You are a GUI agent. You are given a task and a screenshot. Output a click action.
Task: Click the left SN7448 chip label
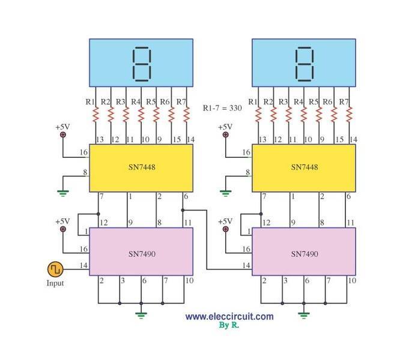click(142, 167)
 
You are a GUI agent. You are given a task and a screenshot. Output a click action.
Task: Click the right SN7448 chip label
click(304, 167)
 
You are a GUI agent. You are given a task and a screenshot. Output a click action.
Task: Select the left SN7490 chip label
click(142, 254)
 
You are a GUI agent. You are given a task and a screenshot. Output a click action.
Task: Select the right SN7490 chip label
click(304, 254)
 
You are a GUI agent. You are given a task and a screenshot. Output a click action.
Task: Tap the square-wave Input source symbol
click(55, 268)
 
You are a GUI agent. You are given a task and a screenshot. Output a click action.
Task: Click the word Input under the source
click(55, 283)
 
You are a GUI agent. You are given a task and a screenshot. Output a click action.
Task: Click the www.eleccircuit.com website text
click(229, 316)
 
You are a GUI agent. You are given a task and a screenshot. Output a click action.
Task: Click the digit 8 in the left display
click(142, 64)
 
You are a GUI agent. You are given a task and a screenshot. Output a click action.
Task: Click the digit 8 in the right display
click(304, 64)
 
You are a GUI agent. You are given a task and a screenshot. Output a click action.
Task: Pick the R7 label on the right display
click(344, 101)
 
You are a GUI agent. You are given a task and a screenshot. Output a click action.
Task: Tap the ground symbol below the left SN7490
click(142, 313)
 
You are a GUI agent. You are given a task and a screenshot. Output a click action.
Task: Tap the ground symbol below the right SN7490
click(304, 313)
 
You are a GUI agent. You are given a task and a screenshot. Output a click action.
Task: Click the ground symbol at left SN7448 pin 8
click(62, 193)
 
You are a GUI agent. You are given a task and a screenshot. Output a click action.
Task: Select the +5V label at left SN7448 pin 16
click(63, 127)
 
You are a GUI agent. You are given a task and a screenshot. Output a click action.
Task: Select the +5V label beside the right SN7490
click(225, 221)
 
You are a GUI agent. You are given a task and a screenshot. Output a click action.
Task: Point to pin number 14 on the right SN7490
click(246, 265)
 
